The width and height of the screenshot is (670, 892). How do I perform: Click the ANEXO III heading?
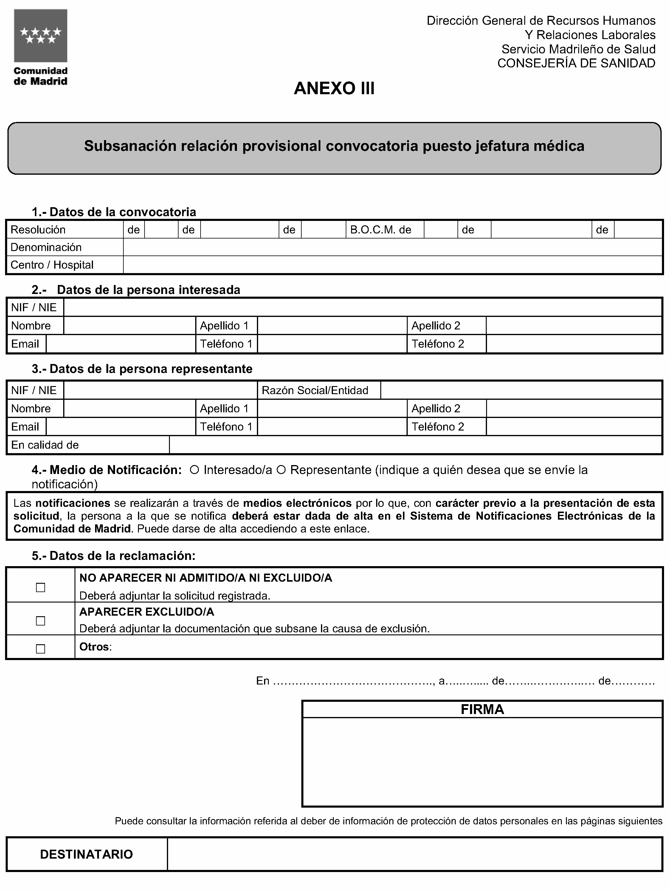(334, 88)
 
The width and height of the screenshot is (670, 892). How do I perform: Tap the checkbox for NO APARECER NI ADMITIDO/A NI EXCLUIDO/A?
(40, 588)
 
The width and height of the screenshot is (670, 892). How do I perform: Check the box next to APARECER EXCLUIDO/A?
(40, 621)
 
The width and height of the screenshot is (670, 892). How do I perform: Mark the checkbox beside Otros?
(40, 649)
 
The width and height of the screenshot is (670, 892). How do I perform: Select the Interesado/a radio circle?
(194, 470)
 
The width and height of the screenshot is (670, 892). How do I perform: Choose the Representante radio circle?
(281, 470)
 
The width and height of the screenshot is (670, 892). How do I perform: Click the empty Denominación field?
(392, 247)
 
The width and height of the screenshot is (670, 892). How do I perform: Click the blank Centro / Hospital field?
(392, 265)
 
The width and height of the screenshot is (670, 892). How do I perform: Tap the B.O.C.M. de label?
(381, 230)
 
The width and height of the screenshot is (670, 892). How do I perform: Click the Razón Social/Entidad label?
(315, 390)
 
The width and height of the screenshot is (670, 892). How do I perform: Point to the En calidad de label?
(45, 445)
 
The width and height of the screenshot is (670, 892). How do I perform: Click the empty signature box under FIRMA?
(482, 762)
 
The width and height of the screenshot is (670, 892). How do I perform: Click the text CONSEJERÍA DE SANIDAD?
(576, 63)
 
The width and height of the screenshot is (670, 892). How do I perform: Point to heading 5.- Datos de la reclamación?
(113, 556)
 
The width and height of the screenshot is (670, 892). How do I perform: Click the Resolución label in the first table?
(38, 230)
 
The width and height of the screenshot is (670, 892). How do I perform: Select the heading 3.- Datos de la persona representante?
(142, 369)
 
